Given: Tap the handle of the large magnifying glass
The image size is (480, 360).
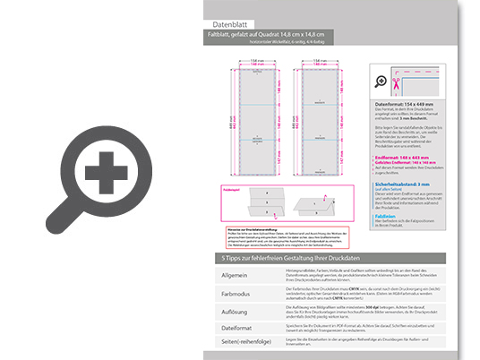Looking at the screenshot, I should click(x=61, y=218).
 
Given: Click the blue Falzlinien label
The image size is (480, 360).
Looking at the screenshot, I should click(x=387, y=216).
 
